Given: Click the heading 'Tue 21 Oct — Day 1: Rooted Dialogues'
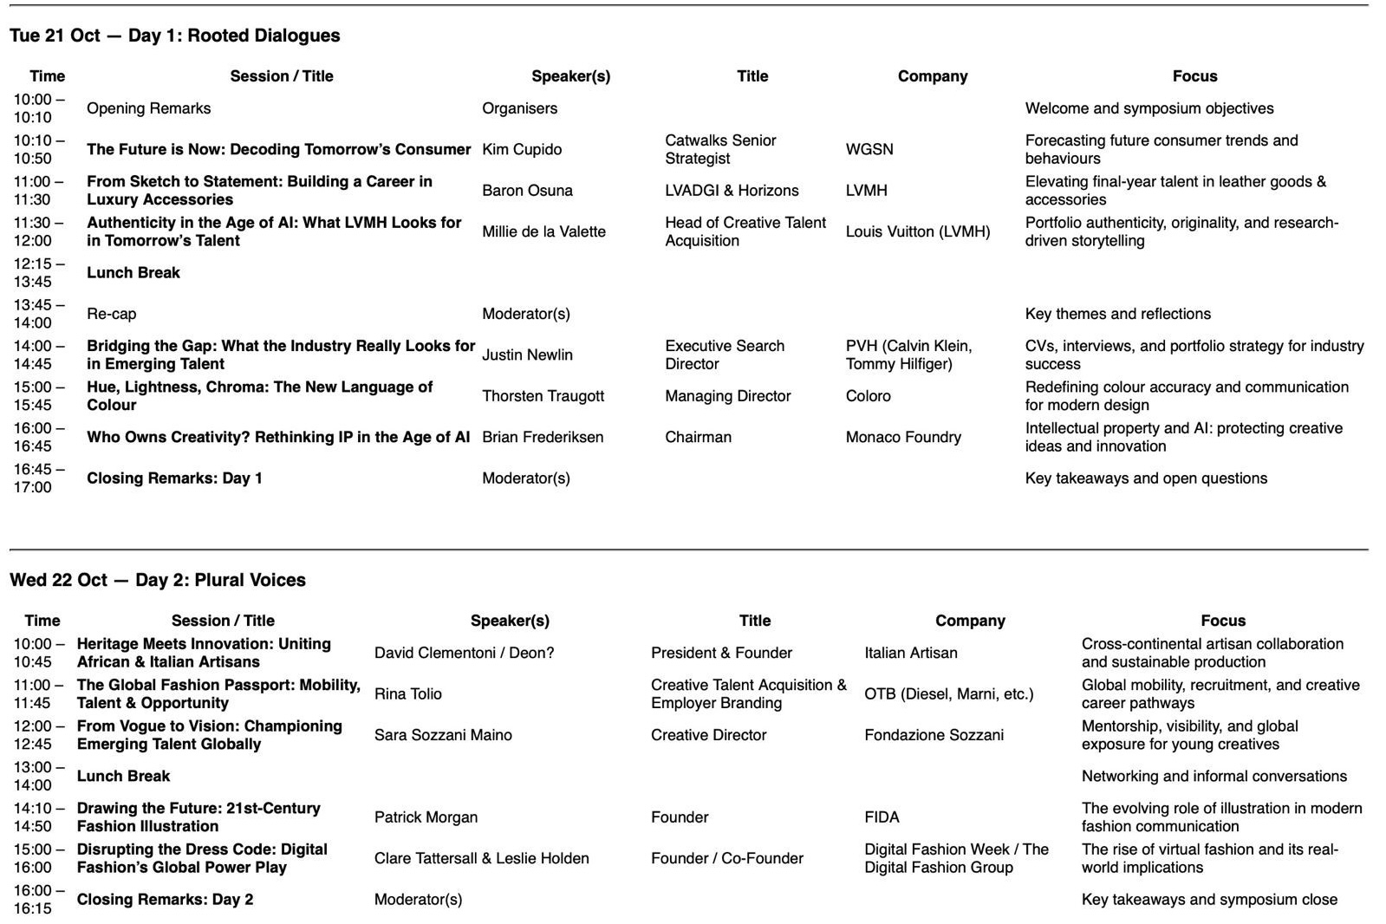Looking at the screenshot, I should click(x=174, y=36).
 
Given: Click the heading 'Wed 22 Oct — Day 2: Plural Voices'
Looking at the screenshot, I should click(x=158, y=580).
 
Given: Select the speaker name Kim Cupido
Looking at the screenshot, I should click(x=522, y=149).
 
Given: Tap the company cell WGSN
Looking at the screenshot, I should click(x=869, y=149).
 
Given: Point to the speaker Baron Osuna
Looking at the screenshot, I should click(x=527, y=191).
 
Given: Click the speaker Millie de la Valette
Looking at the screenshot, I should click(x=543, y=231).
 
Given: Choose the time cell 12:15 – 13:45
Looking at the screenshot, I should click(x=39, y=272).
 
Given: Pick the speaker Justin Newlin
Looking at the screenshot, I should click(x=527, y=355).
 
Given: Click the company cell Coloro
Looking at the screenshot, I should click(x=868, y=396).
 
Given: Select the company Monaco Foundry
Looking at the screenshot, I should click(x=903, y=437).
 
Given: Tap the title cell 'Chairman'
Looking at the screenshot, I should click(x=698, y=437).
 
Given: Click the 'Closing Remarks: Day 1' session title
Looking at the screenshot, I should click(x=174, y=478).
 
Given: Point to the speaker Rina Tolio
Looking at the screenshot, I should click(x=407, y=694).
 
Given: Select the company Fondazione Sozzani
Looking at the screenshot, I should click(x=934, y=735).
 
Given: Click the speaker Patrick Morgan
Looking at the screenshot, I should click(x=426, y=817).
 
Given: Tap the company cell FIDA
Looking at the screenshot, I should click(x=882, y=817).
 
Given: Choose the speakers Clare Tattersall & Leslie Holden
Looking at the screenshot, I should click(x=481, y=858).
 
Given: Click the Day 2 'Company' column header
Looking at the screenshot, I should click(x=970, y=621).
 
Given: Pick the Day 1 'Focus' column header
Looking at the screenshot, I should click(x=1194, y=76).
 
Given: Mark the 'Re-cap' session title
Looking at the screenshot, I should click(x=111, y=314).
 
